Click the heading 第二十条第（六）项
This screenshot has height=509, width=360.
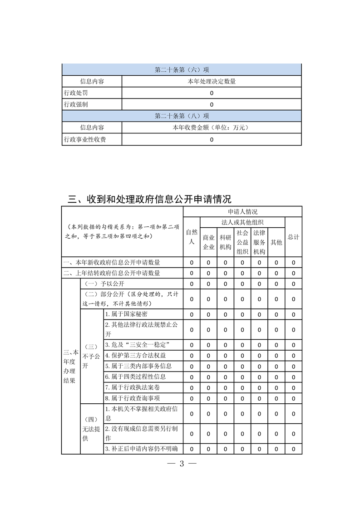(x=182, y=70)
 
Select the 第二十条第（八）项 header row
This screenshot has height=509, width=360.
(x=182, y=116)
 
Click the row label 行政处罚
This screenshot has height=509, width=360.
(x=76, y=93)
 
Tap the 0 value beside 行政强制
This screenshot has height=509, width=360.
(x=212, y=105)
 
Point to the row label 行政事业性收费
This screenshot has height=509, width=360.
(x=85, y=140)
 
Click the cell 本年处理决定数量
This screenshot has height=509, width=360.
(x=212, y=82)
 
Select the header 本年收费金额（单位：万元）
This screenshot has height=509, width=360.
(x=212, y=128)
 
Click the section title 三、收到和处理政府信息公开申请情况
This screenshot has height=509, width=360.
(x=149, y=199)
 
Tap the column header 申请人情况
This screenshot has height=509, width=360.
(x=242, y=212)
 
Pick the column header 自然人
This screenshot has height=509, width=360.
(x=192, y=237)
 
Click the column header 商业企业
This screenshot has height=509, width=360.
(x=208, y=242)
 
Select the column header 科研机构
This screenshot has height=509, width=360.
(x=225, y=242)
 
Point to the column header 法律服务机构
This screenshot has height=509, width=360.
(x=259, y=242)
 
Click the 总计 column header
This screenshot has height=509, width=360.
(x=293, y=237)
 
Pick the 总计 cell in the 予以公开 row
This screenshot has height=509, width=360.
(x=293, y=284)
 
